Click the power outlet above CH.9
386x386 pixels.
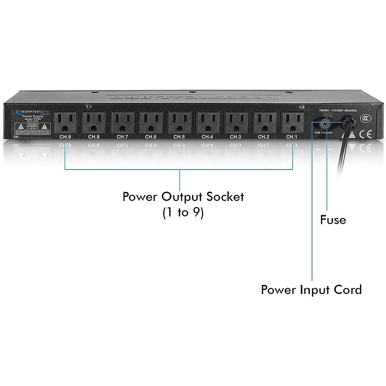pyautogui.click(x=65, y=122)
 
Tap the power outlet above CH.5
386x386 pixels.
pyautogui.click(x=179, y=122)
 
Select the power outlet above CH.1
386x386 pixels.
pyautogui.click(x=292, y=122)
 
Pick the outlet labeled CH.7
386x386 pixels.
pyautogui.click(x=123, y=122)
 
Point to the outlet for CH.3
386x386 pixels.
pyautogui.click(x=236, y=122)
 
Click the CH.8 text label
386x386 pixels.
pyautogui.click(x=94, y=137)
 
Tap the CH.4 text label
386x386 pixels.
pyautogui.click(x=207, y=137)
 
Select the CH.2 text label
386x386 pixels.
pyautogui.click(x=264, y=137)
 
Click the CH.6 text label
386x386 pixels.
pyautogui.click(x=151, y=137)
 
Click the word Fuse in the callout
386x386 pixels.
pyautogui.click(x=333, y=220)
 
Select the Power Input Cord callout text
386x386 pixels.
pyautogui.click(x=311, y=290)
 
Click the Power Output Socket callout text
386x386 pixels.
pyautogui.click(x=183, y=197)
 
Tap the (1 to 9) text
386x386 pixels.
pyautogui.click(x=183, y=213)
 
